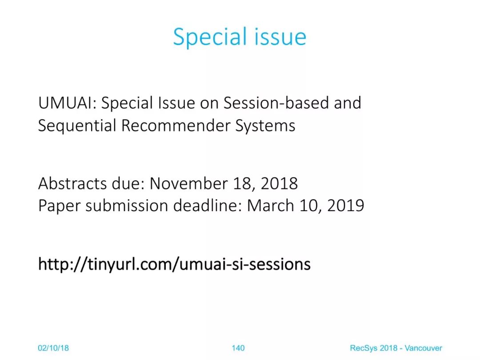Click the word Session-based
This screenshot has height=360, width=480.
276,103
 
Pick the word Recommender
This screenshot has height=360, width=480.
176,125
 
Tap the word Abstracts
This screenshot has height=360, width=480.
72,184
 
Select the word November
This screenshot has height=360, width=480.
188,184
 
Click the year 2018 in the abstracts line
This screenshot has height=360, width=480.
279,184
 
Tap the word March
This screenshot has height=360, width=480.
270,205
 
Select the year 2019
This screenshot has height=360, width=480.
346,206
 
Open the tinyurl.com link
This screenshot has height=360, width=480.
175,264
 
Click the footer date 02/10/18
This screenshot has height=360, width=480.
53,348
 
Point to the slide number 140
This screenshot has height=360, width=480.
238,348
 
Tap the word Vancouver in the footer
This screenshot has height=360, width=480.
424,348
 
